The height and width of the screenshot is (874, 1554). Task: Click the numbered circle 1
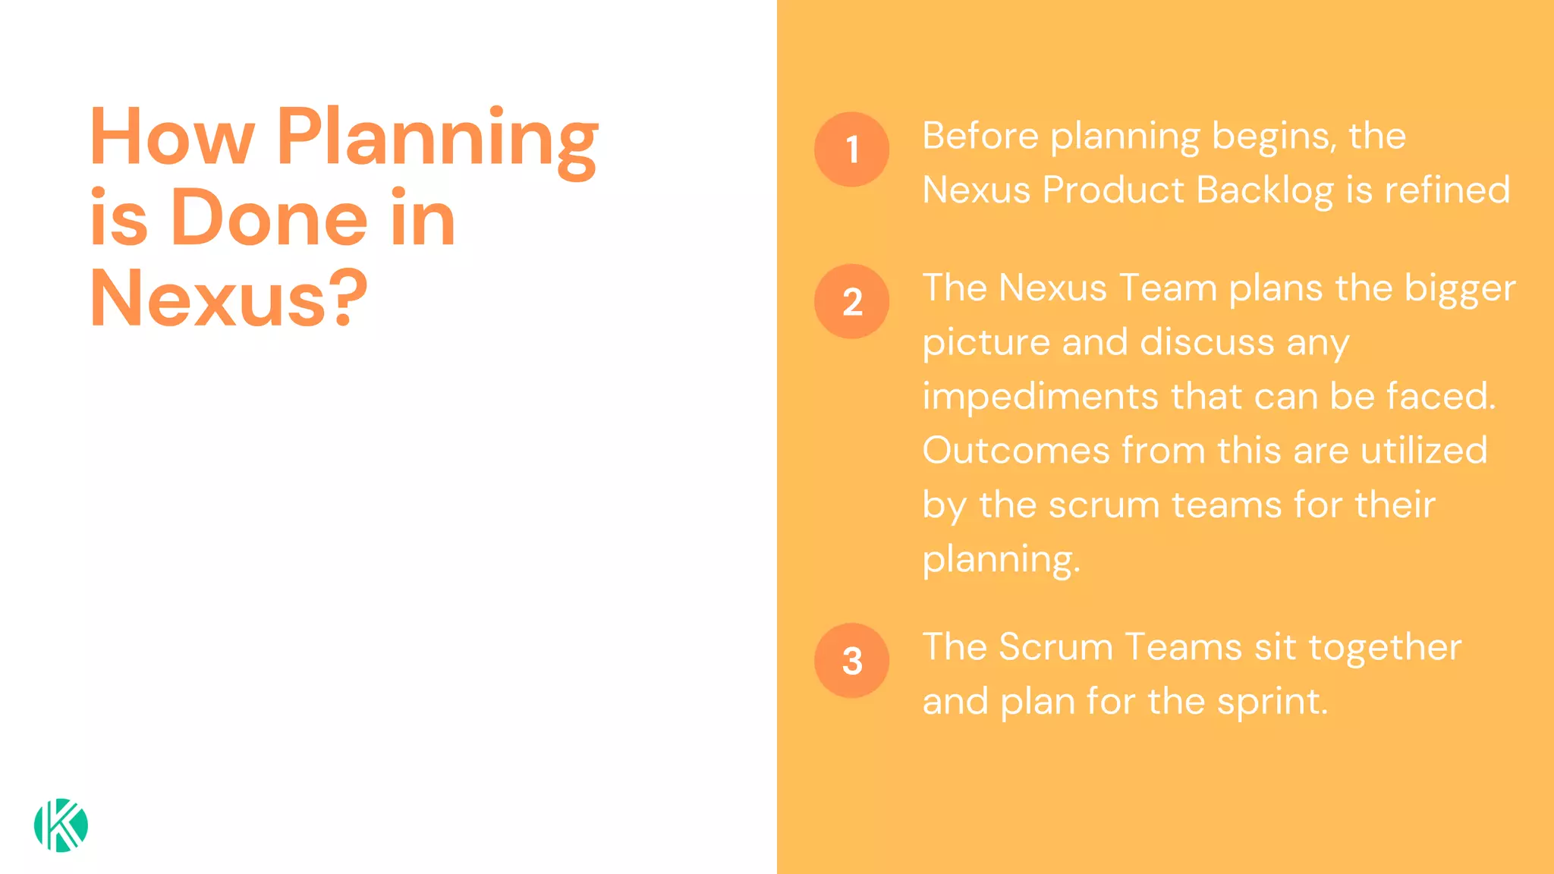point(851,149)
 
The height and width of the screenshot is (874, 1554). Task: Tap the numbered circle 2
point(851,301)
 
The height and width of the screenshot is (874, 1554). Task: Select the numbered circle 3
point(851,661)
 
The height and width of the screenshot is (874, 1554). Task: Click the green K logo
point(61,825)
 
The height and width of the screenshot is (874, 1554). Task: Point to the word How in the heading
point(171,137)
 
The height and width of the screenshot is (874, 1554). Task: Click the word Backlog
point(1264,190)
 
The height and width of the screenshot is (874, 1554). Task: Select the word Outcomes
point(1016,451)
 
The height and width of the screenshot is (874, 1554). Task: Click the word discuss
point(1207,342)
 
